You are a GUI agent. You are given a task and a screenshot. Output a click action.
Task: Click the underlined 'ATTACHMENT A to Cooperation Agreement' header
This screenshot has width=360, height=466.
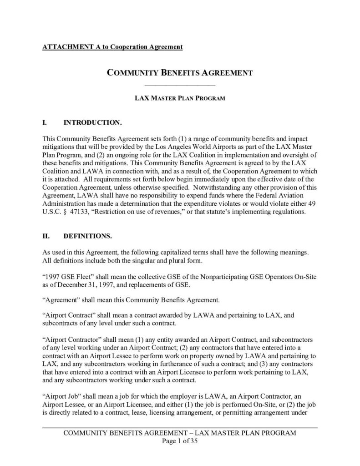(112, 47)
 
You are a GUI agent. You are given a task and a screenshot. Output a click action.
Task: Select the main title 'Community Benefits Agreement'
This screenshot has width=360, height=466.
(179, 72)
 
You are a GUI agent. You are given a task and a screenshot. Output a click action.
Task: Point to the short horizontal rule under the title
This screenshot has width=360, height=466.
(179, 85)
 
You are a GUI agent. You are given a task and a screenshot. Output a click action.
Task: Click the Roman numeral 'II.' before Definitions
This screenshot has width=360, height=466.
(46, 237)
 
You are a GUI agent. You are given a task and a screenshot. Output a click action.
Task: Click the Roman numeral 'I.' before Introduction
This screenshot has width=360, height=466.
(45, 123)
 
